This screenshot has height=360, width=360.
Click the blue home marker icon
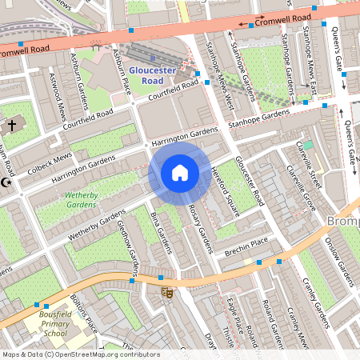(180, 173)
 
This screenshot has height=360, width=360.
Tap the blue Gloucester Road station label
(152, 75)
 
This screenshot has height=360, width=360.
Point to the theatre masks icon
(167, 293)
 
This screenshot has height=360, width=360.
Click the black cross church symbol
(11, 126)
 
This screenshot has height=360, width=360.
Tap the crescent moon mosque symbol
(5, 183)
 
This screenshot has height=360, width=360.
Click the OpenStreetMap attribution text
(80, 354)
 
